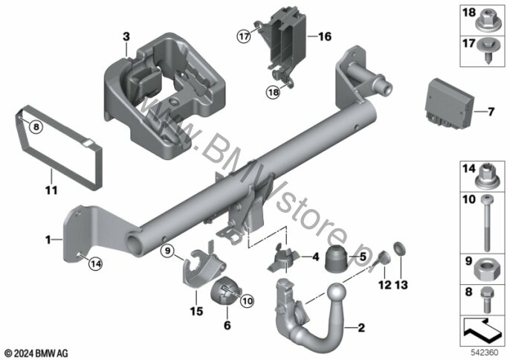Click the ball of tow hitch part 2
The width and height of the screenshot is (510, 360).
tap(336, 292)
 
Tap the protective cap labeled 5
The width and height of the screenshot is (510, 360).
tap(337, 258)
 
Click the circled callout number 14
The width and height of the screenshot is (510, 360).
tap(96, 263)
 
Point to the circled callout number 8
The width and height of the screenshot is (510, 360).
tap(36, 126)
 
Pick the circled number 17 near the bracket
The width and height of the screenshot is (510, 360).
tap(244, 36)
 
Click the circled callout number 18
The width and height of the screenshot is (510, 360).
tap(274, 92)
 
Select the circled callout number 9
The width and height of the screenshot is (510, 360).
tap(167, 251)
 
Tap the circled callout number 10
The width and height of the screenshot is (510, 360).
tap(247, 300)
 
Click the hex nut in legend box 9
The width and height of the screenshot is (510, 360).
tap(486, 270)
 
